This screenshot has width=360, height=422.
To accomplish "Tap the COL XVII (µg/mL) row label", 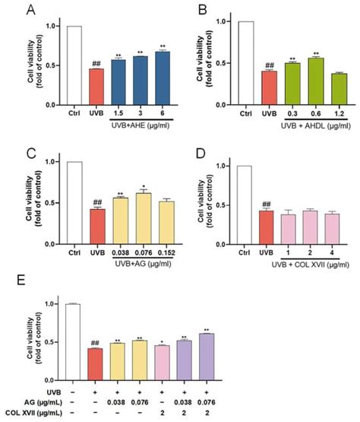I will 31,414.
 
